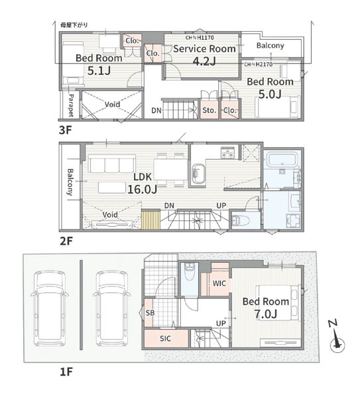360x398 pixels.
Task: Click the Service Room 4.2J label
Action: [x=204, y=55]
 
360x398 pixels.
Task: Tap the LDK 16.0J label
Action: [x=143, y=183]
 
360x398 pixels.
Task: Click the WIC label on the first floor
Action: [x=219, y=283]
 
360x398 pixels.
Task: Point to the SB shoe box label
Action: [x=150, y=312]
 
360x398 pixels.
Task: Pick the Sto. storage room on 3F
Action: [x=210, y=109]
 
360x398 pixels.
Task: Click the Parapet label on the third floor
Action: [x=71, y=105]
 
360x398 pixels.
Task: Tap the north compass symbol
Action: [x=337, y=338]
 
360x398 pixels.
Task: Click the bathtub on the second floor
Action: [x=282, y=160]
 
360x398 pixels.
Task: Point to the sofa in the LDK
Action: [x=111, y=165]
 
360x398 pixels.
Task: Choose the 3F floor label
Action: [x=66, y=130]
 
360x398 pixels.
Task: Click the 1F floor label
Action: [x=66, y=372]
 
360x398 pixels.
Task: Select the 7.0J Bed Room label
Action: [x=266, y=308]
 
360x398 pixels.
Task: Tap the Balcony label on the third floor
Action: [x=270, y=46]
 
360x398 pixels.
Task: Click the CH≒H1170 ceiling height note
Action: [x=200, y=38]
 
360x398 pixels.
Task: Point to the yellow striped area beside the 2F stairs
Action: [x=150, y=220]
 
